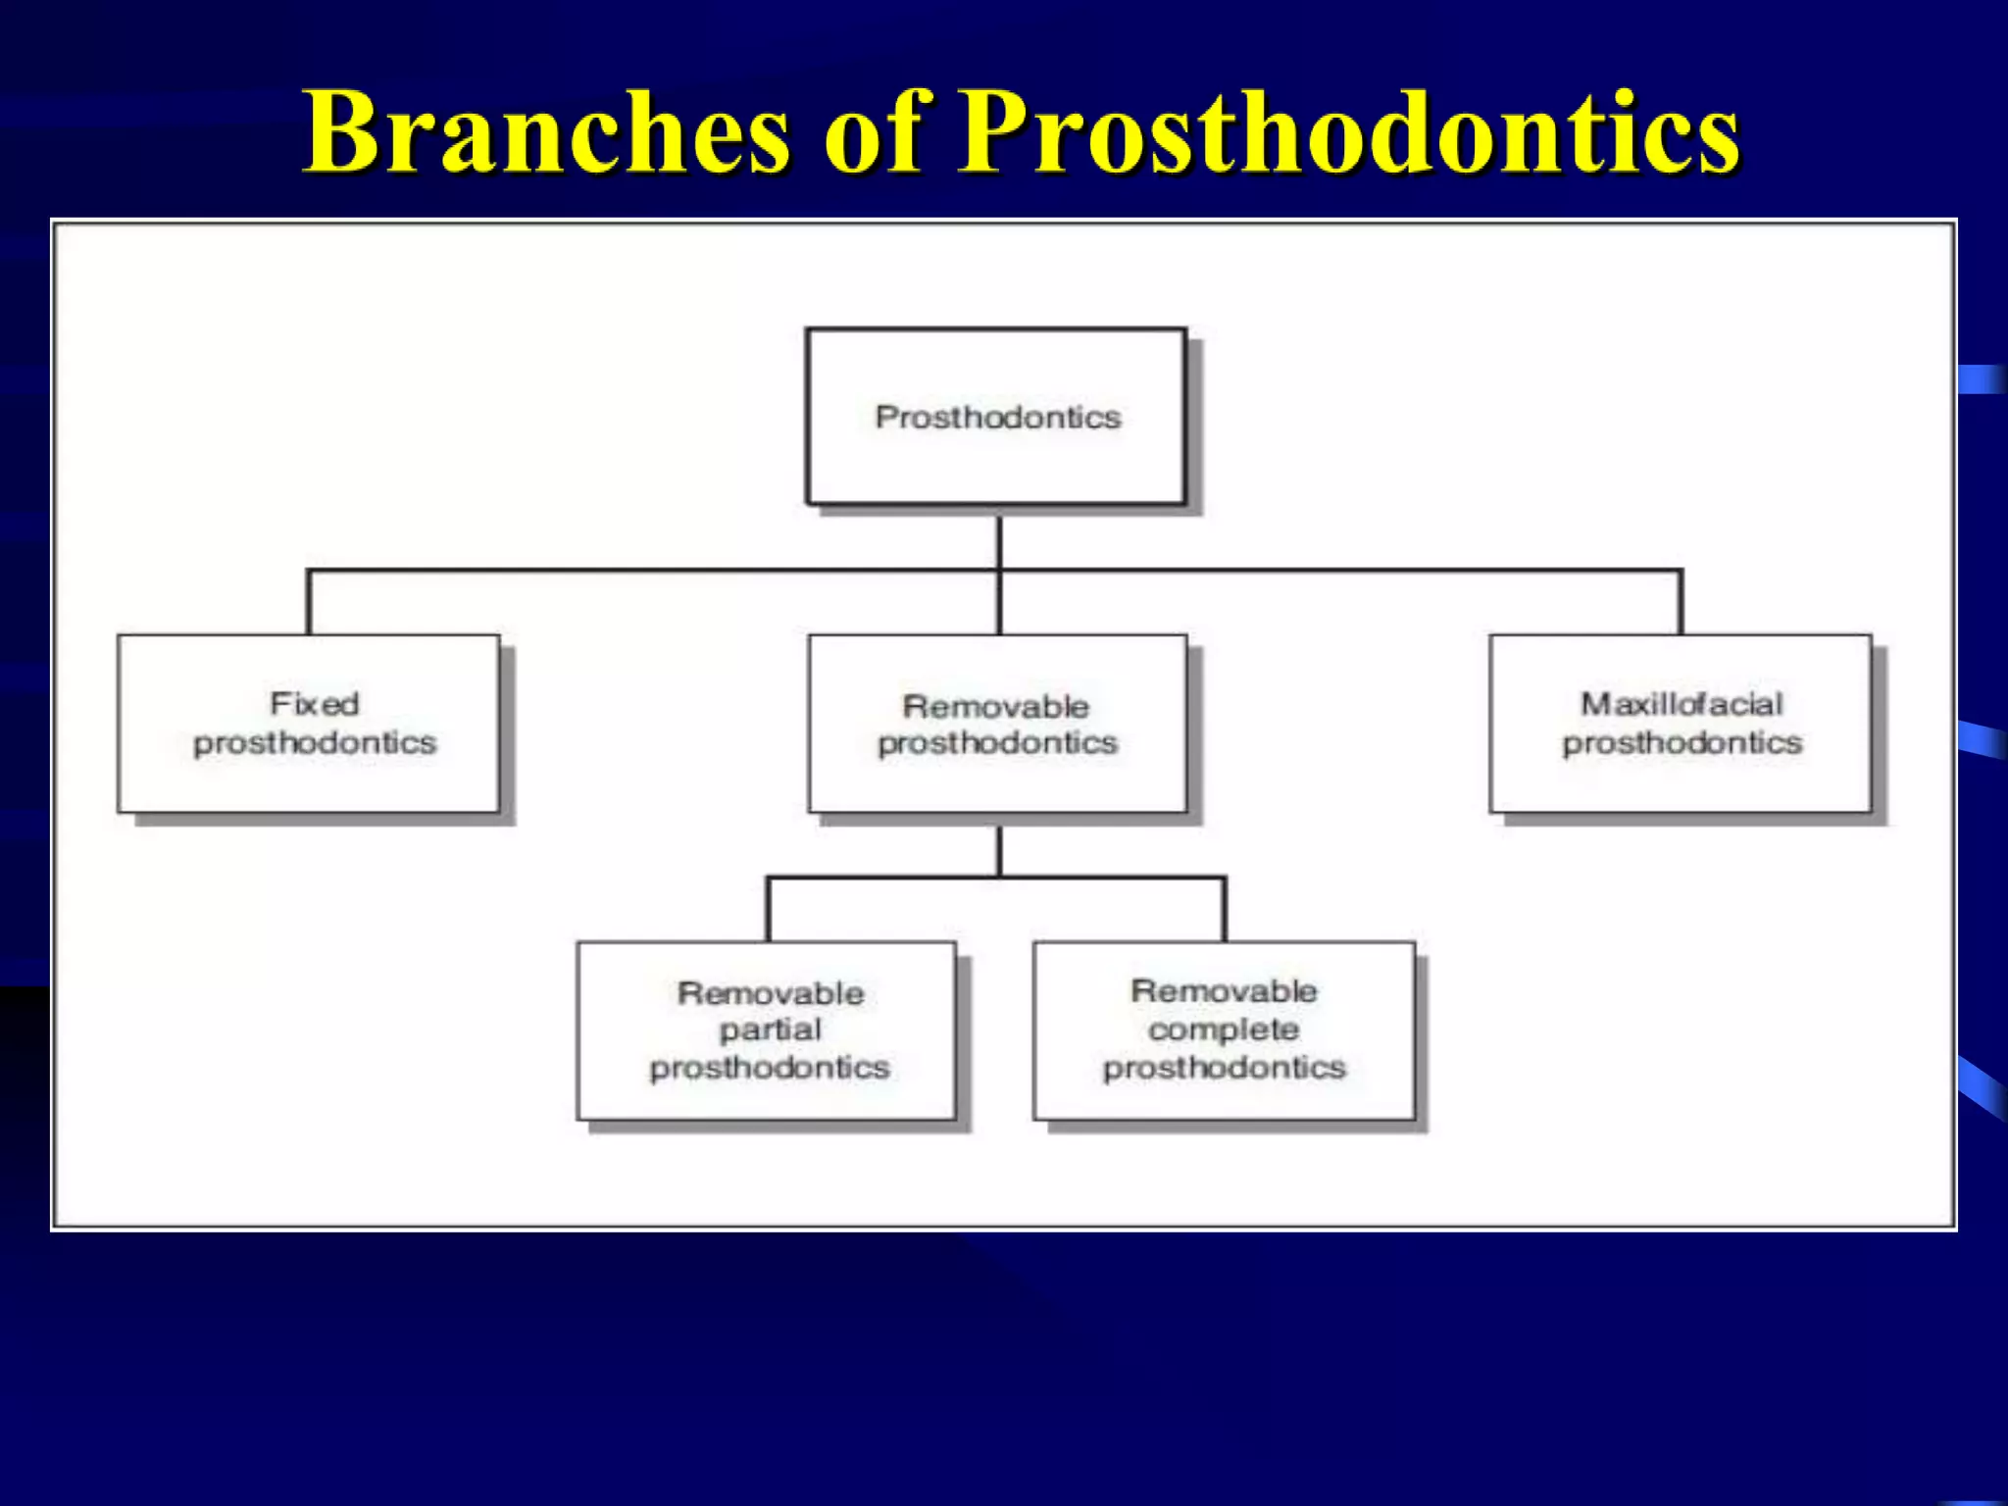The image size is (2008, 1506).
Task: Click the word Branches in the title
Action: point(545,132)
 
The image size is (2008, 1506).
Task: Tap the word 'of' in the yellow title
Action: point(873,132)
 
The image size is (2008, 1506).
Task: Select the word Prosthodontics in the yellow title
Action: point(1348,132)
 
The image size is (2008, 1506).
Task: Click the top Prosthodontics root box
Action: point(996,417)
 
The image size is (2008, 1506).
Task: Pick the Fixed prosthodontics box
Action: point(309,724)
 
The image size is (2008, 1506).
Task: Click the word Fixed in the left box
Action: point(315,703)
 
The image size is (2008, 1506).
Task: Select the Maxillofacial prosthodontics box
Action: point(1680,724)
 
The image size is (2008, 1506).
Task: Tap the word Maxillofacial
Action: point(1681,703)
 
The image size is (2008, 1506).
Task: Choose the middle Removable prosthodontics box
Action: point(997,724)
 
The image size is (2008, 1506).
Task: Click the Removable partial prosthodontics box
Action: point(767,1029)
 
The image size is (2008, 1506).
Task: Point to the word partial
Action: point(771,1029)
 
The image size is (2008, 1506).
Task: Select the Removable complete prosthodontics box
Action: point(1224,1029)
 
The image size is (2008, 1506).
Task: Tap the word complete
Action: point(1224,1029)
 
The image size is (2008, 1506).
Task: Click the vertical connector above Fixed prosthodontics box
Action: point(309,602)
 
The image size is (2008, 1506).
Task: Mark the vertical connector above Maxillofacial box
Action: point(1681,602)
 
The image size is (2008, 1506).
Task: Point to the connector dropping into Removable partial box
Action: point(769,910)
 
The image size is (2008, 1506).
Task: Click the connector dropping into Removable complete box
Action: point(1224,910)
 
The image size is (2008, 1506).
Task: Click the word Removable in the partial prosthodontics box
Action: point(771,992)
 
